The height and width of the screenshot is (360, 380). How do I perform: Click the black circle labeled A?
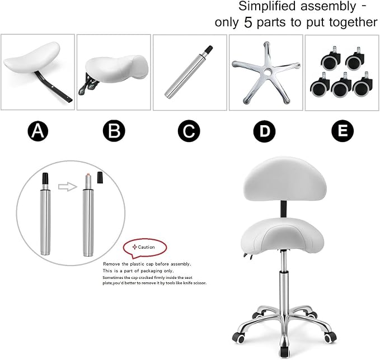tap(38, 131)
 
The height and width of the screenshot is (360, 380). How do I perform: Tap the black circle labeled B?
tap(114, 131)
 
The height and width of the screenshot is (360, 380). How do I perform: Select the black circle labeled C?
tap(189, 131)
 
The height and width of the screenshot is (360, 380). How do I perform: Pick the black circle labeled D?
tap(264, 131)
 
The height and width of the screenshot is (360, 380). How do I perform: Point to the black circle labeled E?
tap(343, 131)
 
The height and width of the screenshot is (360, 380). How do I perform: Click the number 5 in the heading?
tap(248, 23)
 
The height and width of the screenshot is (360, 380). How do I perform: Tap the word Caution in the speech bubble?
tap(146, 247)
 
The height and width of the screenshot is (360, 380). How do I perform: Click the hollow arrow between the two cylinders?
tap(68, 187)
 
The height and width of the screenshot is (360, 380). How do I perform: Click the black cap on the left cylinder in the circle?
tap(45, 178)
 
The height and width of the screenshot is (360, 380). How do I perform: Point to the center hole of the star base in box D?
tap(268, 72)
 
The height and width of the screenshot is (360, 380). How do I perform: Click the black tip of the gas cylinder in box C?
tap(209, 49)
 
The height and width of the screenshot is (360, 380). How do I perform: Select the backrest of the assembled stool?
tap(283, 179)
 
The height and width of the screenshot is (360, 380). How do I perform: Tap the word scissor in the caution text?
tap(199, 283)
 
